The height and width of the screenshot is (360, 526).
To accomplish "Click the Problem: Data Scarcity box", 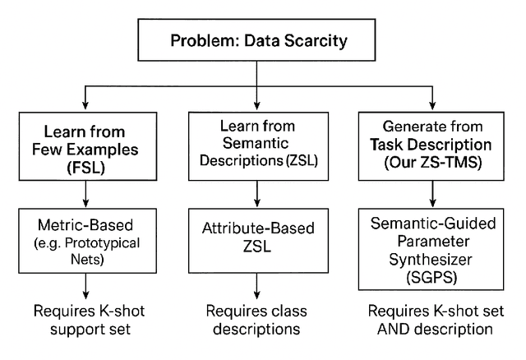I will [x=257, y=39].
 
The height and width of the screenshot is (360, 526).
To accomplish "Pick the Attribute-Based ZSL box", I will [x=258, y=239].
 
